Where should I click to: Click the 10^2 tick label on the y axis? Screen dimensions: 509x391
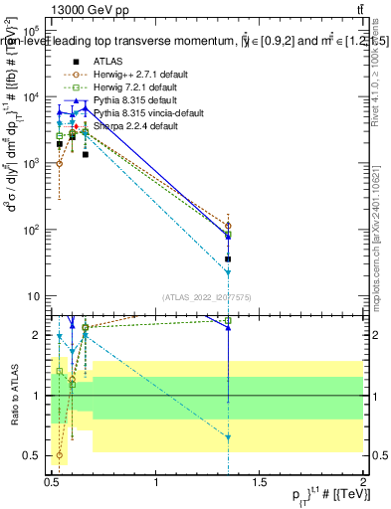click(32, 230)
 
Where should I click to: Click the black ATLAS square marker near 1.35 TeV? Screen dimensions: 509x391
click(229, 258)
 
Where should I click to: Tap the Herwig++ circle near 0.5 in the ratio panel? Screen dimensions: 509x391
click(60, 455)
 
